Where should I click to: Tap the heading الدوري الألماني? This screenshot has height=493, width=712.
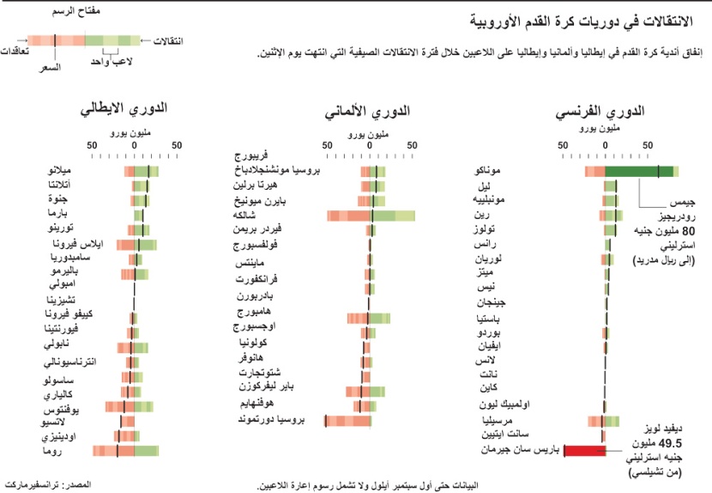coord(368,113)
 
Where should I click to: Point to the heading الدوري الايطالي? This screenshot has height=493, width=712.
coord(124,113)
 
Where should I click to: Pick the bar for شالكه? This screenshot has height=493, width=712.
coord(371,216)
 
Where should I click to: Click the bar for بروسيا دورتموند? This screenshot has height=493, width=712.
coord(347,420)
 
